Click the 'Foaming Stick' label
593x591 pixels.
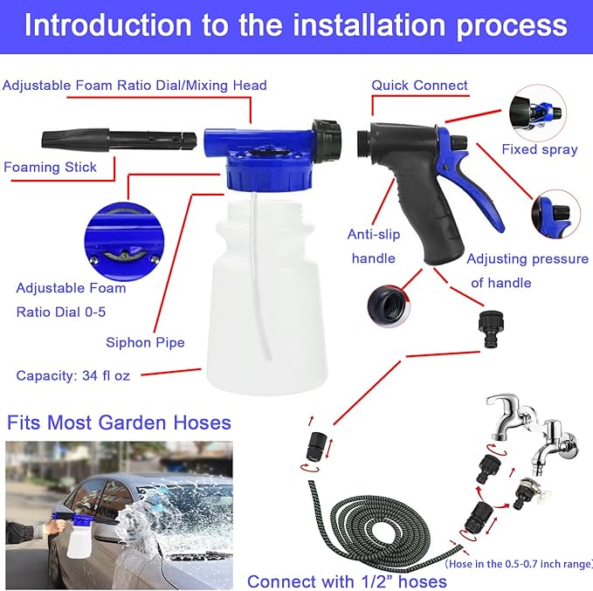tap(50, 167)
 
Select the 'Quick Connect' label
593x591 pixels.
tap(419, 86)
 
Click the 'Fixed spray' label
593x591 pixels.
tap(539, 149)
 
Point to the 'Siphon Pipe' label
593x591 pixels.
tap(145, 342)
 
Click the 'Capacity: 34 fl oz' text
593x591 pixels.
tap(73, 375)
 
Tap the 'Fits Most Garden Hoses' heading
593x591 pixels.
tap(119, 423)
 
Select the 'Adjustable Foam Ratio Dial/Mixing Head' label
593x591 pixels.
tap(134, 86)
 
